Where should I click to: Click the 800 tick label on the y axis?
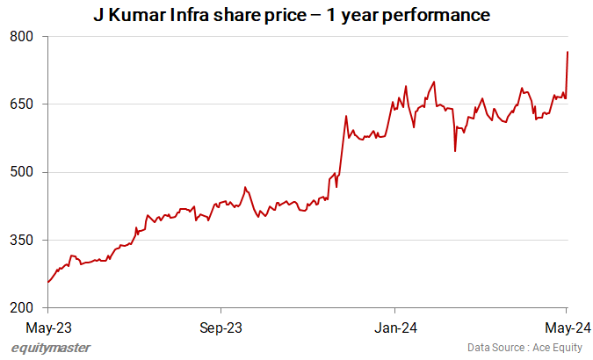coord(23,37)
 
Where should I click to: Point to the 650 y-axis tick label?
coord(23,104)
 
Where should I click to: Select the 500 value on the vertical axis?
coord(23,172)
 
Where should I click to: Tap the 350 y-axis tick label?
coord(23,241)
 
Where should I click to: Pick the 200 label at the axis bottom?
coord(23,308)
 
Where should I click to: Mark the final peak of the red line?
coord(568,52)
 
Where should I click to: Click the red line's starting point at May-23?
coord(47,282)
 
